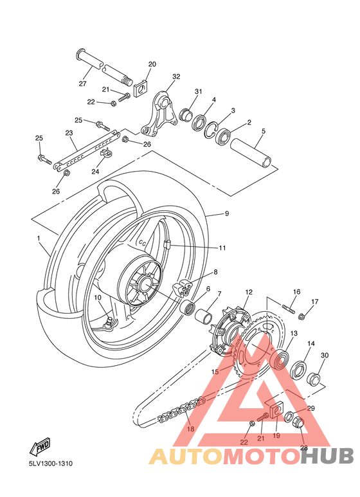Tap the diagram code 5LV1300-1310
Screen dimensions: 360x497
click(x=51, y=464)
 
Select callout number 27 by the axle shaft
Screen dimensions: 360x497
click(x=82, y=84)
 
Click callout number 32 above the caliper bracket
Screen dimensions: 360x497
click(x=176, y=77)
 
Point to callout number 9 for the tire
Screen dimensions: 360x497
click(x=226, y=213)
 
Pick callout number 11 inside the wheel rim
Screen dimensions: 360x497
click(x=222, y=248)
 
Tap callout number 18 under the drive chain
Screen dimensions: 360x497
click(x=190, y=429)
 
